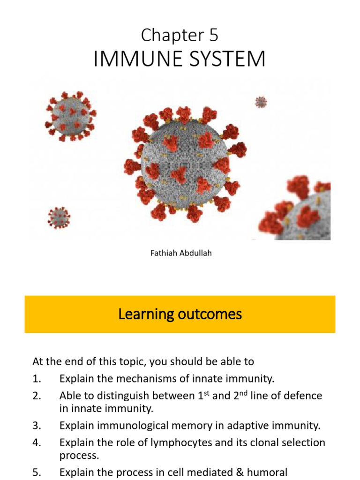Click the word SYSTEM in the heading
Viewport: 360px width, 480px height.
pos(223,60)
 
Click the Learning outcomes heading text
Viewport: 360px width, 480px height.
pos(180,314)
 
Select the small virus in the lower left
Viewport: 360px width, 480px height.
pos(59,217)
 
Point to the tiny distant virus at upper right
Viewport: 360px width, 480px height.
pos(261,102)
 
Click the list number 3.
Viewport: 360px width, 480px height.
pos(37,426)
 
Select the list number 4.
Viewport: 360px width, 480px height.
pos(37,442)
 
